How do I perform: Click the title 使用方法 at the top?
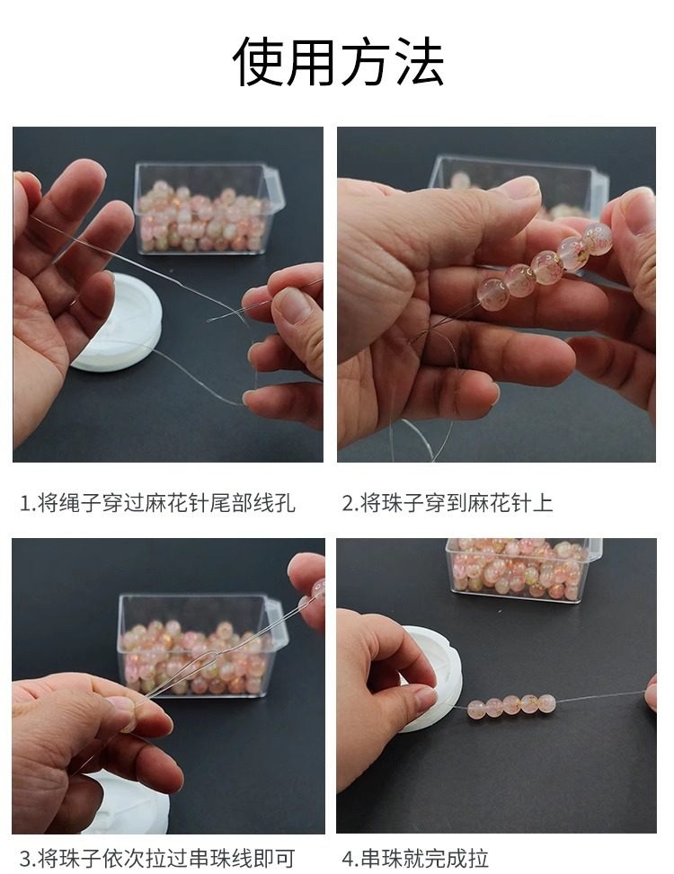(338, 61)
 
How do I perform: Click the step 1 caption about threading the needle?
(158, 503)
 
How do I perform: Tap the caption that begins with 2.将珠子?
(448, 503)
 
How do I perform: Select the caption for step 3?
(157, 858)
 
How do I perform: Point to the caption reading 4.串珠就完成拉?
(415, 858)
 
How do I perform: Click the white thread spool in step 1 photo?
(117, 322)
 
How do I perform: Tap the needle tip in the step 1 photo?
(209, 320)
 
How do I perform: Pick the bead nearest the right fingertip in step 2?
(597, 239)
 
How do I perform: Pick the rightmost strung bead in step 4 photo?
(545, 703)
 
